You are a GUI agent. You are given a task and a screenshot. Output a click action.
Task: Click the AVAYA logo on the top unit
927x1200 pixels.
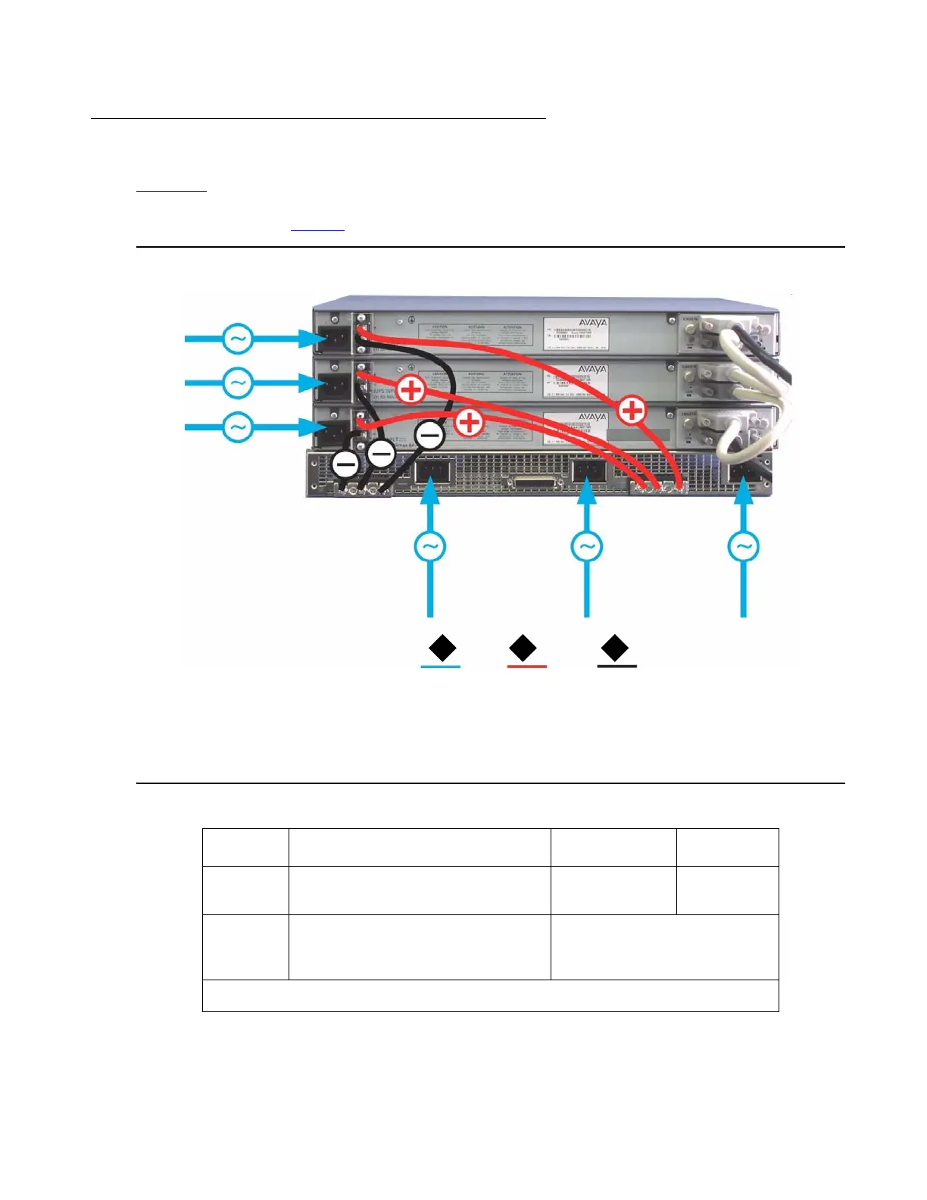(x=592, y=323)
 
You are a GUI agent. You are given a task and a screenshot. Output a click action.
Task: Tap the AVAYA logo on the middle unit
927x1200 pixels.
(x=592, y=370)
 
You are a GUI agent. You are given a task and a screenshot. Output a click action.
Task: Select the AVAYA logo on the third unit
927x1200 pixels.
(x=592, y=417)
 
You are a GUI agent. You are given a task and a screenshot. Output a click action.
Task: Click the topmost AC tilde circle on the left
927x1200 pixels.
(x=238, y=339)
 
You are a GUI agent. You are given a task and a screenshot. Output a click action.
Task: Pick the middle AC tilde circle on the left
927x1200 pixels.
(x=238, y=383)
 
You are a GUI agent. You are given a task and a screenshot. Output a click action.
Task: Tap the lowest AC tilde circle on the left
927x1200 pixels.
(x=238, y=427)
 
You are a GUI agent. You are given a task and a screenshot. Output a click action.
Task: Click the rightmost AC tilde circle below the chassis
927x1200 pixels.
(x=743, y=546)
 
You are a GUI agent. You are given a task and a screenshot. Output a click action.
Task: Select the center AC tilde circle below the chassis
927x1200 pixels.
(x=586, y=546)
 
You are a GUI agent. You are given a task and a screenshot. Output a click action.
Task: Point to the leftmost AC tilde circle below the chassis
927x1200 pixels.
(x=429, y=546)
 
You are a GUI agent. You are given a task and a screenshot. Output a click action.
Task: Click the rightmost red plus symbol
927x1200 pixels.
(x=632, y=411)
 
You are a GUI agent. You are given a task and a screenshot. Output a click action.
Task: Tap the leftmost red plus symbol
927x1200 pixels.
(x=411, y=390)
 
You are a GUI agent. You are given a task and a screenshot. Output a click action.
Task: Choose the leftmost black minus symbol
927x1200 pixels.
(x=345, y=464)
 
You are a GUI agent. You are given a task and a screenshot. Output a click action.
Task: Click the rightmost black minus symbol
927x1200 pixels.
(x=429, y=436)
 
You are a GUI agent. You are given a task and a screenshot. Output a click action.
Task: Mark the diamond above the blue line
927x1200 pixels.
(x=442, y=649)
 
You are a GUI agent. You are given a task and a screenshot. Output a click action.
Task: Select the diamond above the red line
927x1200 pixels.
(x=523, y=649)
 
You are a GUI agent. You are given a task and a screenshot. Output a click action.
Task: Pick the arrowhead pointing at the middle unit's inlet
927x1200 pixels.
(x=311, y=383)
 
